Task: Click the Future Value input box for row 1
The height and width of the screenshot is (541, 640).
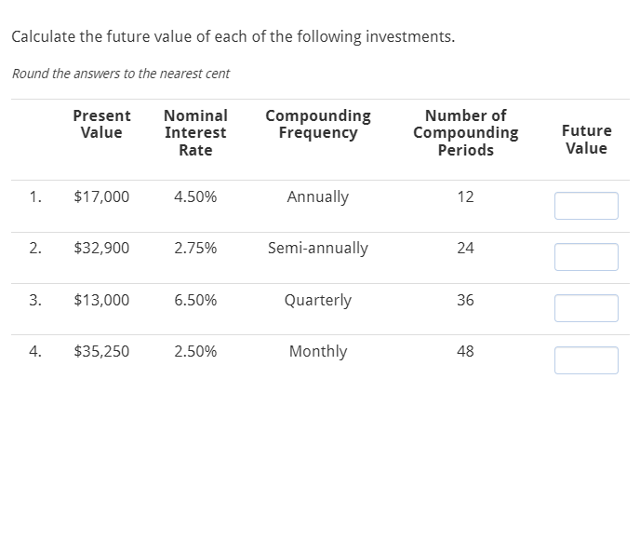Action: coord(586,206)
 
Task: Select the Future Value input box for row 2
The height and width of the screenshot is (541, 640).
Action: coord(586,257)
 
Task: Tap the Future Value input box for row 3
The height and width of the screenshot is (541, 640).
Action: coord(586,308)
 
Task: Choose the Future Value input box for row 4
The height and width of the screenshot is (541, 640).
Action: coord(586,360)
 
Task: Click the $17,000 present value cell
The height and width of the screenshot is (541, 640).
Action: coord(101,197)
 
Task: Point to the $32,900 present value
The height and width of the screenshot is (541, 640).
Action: coord(101,249)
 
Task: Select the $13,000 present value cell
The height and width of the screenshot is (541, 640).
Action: coord(101,301)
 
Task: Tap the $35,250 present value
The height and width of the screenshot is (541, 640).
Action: coord(101,352)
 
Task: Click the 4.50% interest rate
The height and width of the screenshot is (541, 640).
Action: coord(195,197)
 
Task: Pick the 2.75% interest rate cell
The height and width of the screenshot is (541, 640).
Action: coord(195,249)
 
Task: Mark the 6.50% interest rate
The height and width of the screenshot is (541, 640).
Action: coord(195,301)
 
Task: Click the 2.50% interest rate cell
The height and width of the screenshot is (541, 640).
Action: coord(195,352)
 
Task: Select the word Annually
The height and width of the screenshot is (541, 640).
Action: coord(318,197)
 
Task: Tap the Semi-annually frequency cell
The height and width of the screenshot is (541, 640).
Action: coord(318,249)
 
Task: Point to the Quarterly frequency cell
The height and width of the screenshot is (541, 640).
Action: coord(318,301)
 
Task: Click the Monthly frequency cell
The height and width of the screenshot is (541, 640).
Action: coord(318,352)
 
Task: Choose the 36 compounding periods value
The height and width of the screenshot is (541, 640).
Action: coord(466,301)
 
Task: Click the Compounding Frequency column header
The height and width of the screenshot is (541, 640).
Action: coord(318,124)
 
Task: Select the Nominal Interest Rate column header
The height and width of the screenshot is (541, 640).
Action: coord(195,132)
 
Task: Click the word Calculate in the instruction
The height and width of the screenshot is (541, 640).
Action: coord(43,37)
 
